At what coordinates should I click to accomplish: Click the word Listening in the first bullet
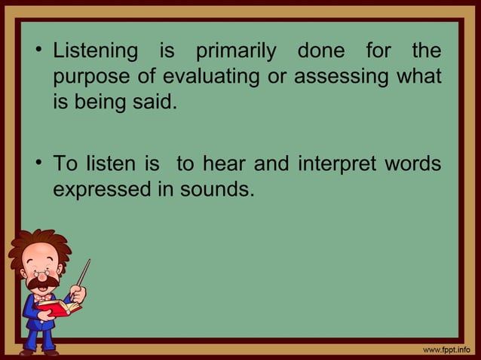(x=95, y=53)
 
